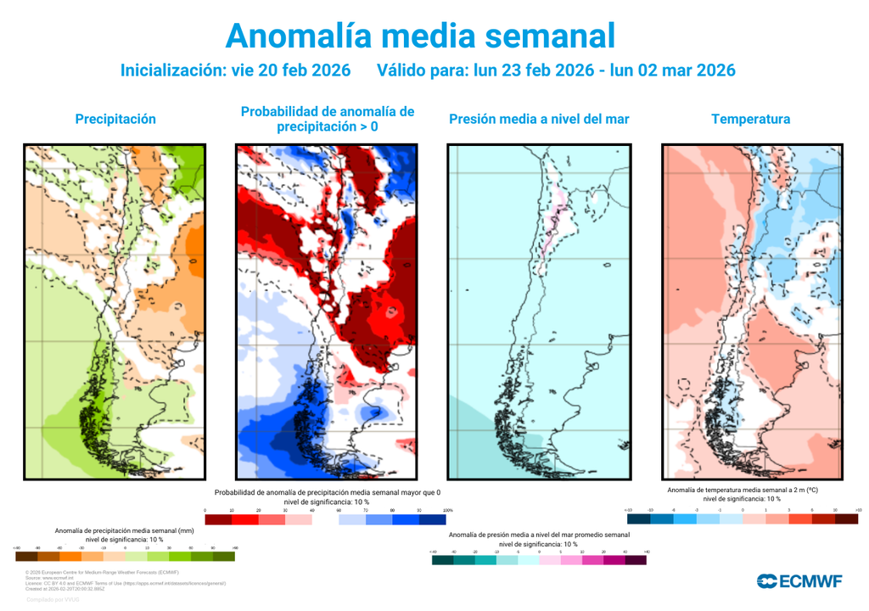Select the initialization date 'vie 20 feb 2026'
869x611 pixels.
[291, 70]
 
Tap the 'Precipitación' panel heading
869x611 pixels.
[115, 119]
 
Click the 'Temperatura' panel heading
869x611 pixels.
[751, 119]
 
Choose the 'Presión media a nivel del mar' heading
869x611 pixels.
[539, 119]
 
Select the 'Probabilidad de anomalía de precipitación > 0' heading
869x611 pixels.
[327, 119]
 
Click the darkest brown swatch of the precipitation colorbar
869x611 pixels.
[26, 557]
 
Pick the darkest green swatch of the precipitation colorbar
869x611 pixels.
[224, 557]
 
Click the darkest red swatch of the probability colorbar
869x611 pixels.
[219, 519]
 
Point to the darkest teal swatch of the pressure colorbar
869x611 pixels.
[442, 560]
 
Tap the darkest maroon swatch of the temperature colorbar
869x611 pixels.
[845, 519]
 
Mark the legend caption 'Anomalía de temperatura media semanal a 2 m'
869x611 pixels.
[742, 490]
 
